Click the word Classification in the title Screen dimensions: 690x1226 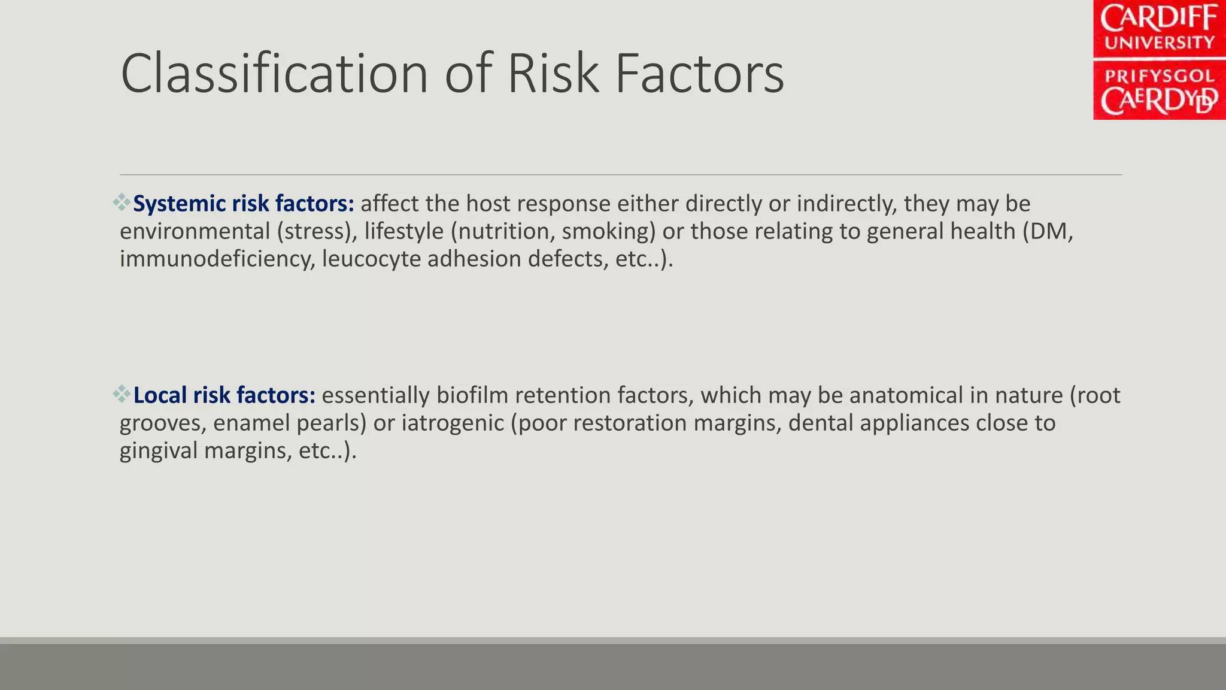coord(274,74)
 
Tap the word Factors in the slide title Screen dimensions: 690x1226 coord(699,74)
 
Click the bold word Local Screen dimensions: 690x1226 coord(160,395)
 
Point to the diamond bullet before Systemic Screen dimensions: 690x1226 coord(122,202)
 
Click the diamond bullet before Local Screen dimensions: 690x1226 coord(122,394)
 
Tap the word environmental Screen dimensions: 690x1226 coord(195,231)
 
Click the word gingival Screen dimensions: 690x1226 coord(158,450)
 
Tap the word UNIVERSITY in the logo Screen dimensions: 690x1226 coord(1159,43)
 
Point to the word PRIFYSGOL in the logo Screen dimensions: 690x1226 coord(1159,76)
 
